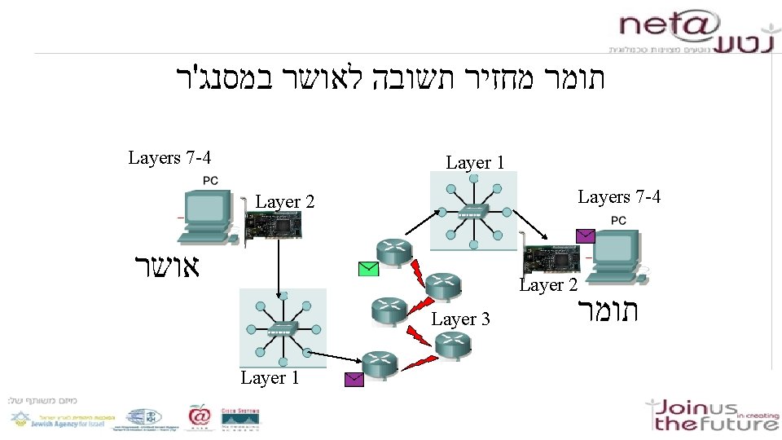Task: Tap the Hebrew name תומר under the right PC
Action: [x=608, y=311]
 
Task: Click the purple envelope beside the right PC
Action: [x=586, y=236]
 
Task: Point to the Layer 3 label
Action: [x=460, y=319]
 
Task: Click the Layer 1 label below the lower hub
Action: [x=270, y=378]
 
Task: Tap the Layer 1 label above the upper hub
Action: [x=475, y=163]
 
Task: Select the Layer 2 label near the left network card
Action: [x=285, y=202]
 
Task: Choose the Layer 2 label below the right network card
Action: [x=548, y=285]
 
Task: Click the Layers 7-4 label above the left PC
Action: [x=170, y=157]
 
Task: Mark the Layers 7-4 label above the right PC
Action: [x=619, y=197]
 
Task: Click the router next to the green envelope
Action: [x=393, y=254]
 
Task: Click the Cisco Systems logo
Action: [x=243, y=417]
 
